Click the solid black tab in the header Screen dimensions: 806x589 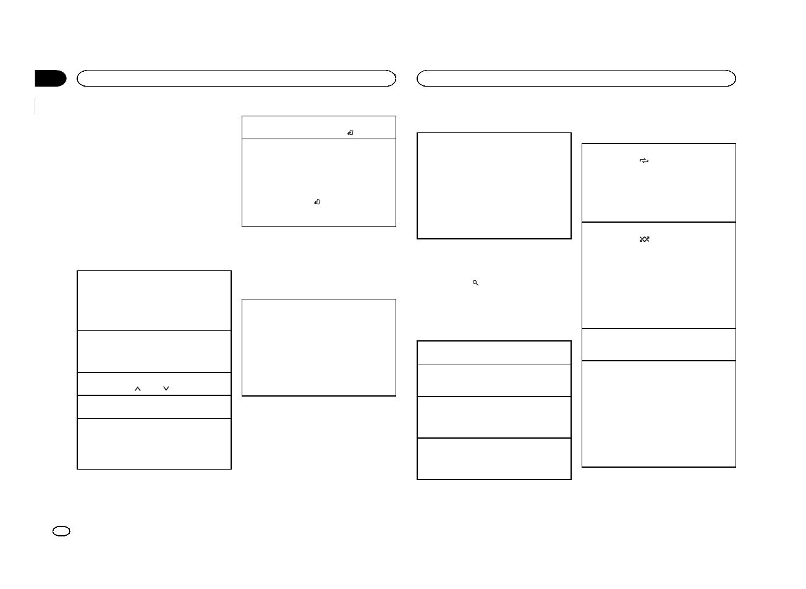point(50,79)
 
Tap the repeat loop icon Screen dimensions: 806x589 point(644,161)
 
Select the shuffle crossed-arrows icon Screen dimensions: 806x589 point(644,239)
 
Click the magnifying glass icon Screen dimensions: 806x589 point(475,282)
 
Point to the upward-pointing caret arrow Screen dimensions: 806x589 point(138,389)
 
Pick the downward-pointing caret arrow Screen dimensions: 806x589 point(166,389)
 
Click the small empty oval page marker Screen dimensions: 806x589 point(62,531)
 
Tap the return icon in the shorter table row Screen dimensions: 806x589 point(350,133)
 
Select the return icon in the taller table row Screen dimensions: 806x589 point(316,202)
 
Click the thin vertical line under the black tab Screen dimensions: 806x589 point(36,106)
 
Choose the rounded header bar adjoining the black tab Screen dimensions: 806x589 point(235,78)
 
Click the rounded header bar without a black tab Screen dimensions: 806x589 point(576,78)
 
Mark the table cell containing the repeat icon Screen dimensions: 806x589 point(659,183)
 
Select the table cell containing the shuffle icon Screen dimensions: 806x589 point(659,275)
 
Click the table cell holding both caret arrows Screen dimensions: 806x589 point(154,384)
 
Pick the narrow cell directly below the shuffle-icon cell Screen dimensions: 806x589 point(659,345)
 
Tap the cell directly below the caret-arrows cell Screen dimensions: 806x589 point(154,407)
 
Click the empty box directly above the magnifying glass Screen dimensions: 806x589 point(494,186)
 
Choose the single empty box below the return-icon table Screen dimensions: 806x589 point(318,348)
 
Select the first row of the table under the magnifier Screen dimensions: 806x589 point(494,352)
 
